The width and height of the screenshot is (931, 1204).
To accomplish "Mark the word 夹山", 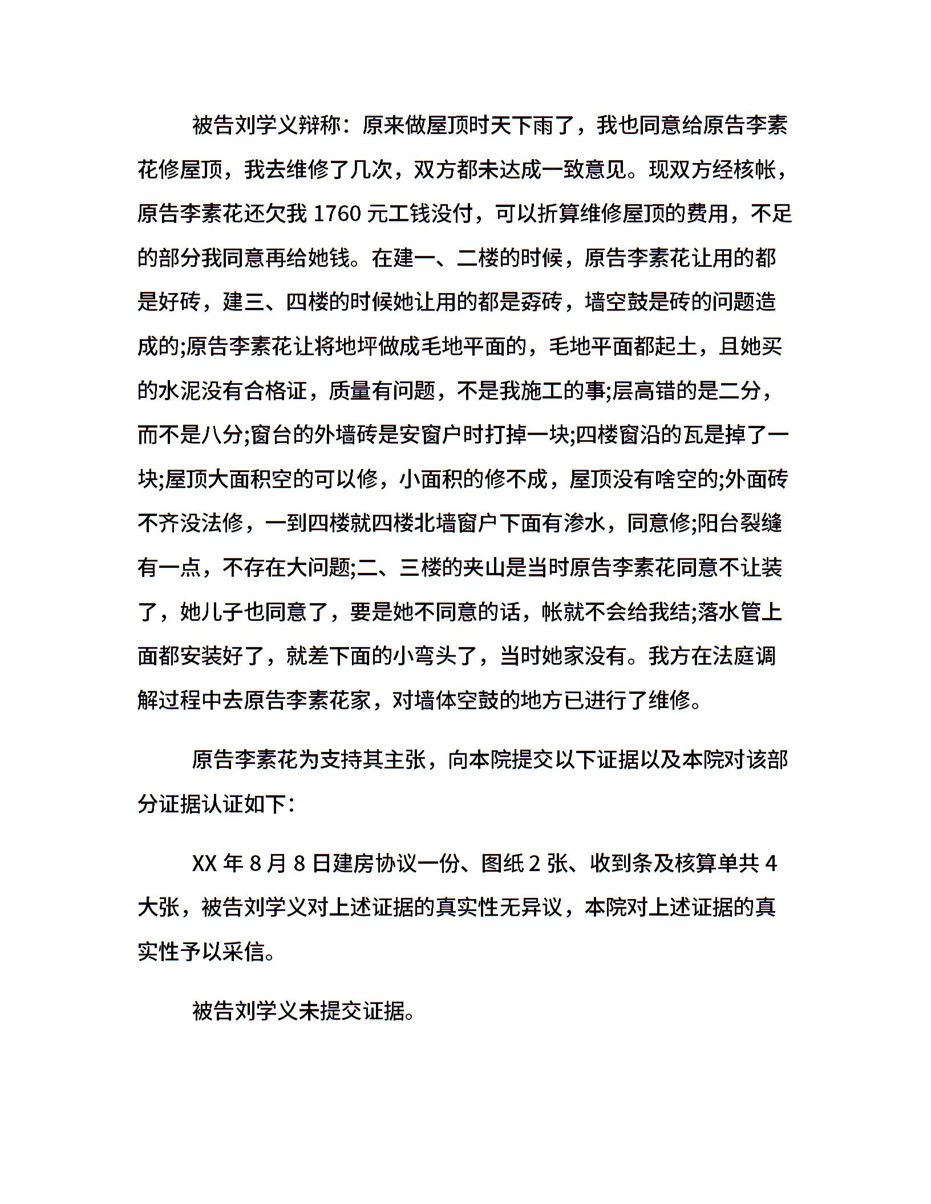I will pyautogui.click(x=484, y=568).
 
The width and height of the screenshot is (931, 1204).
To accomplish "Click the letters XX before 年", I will pyautogui.click(x=204, y=865).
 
